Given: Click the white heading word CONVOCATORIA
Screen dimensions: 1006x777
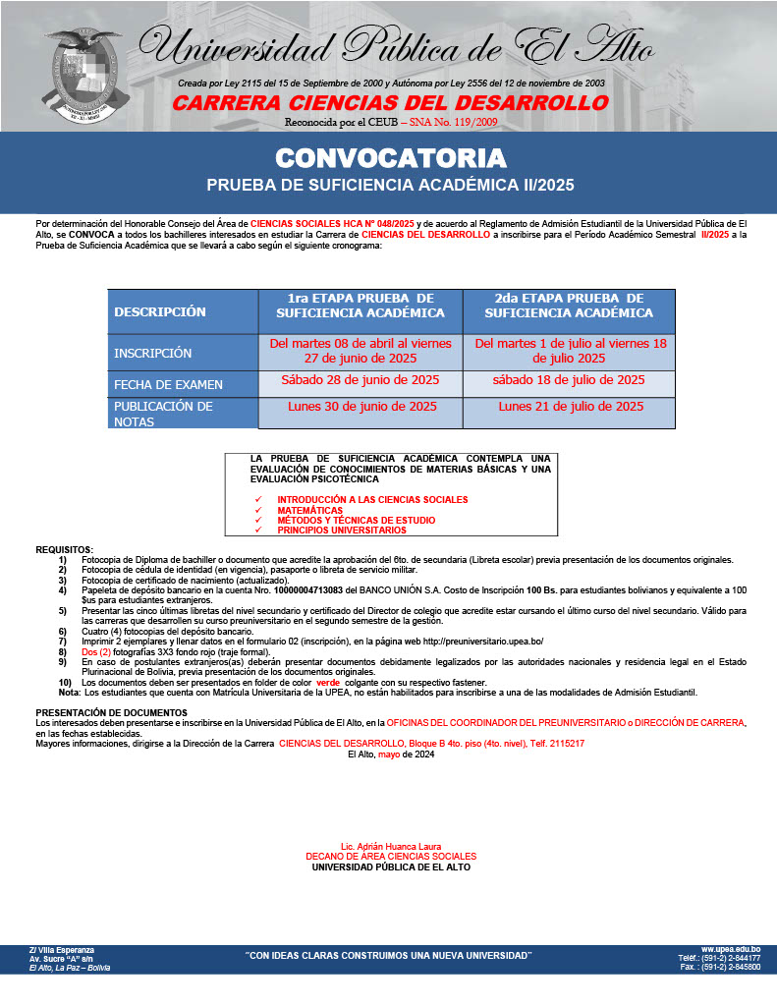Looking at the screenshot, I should (390, 158).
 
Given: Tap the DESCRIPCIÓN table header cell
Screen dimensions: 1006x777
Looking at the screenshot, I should (160, 311).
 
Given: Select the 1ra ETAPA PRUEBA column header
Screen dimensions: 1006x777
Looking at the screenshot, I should (361, 306).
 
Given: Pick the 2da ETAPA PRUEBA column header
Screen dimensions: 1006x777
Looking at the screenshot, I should (569, 306).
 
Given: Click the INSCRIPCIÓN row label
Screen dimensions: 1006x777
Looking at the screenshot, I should (153, 353).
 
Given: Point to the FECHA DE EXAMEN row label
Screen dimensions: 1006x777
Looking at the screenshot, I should (168, 384).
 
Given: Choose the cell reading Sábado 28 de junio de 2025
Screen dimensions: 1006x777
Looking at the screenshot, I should (361, 380).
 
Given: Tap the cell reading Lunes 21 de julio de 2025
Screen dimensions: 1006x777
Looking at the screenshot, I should (571, 406).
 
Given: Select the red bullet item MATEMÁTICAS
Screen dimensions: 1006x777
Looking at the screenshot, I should (309, 511).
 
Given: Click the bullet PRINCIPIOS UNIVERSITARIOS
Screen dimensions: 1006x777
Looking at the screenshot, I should (341, 531).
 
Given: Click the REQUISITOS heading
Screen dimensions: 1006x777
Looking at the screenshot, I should (65, 549).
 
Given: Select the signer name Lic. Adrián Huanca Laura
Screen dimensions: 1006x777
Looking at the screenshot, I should (390, 847).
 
